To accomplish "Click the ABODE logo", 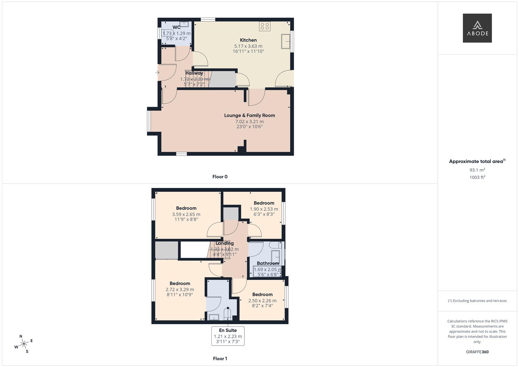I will (x=477, y=28).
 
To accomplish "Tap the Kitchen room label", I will (x=248, y=40).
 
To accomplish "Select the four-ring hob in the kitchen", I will (x=264, y=26).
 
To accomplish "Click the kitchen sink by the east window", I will (x=286, y=42).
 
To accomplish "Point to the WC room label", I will (x=176, y=27).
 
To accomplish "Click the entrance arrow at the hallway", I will (x=157, y=72).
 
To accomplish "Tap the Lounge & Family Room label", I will (x=249, y=116).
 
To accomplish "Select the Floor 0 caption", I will (x=220, y=177).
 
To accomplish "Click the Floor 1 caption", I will (x=220, y=359).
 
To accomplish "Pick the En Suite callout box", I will (x=228, y=336).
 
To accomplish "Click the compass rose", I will (x=24, y=344).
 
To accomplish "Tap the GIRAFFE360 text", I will (x=477, y=352).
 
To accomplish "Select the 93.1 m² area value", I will (x=477, y=170).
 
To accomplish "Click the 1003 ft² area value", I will (x=477, y=177).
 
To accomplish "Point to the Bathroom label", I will (x=268, y=263).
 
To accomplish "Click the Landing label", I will (x=225, y=243).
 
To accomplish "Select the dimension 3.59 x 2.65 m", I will (x=186, y=214).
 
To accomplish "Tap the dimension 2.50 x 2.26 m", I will (x=262, y=301).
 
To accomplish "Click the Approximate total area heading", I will (x=477, y=161).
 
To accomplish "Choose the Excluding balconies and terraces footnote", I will (x=477, y=301).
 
